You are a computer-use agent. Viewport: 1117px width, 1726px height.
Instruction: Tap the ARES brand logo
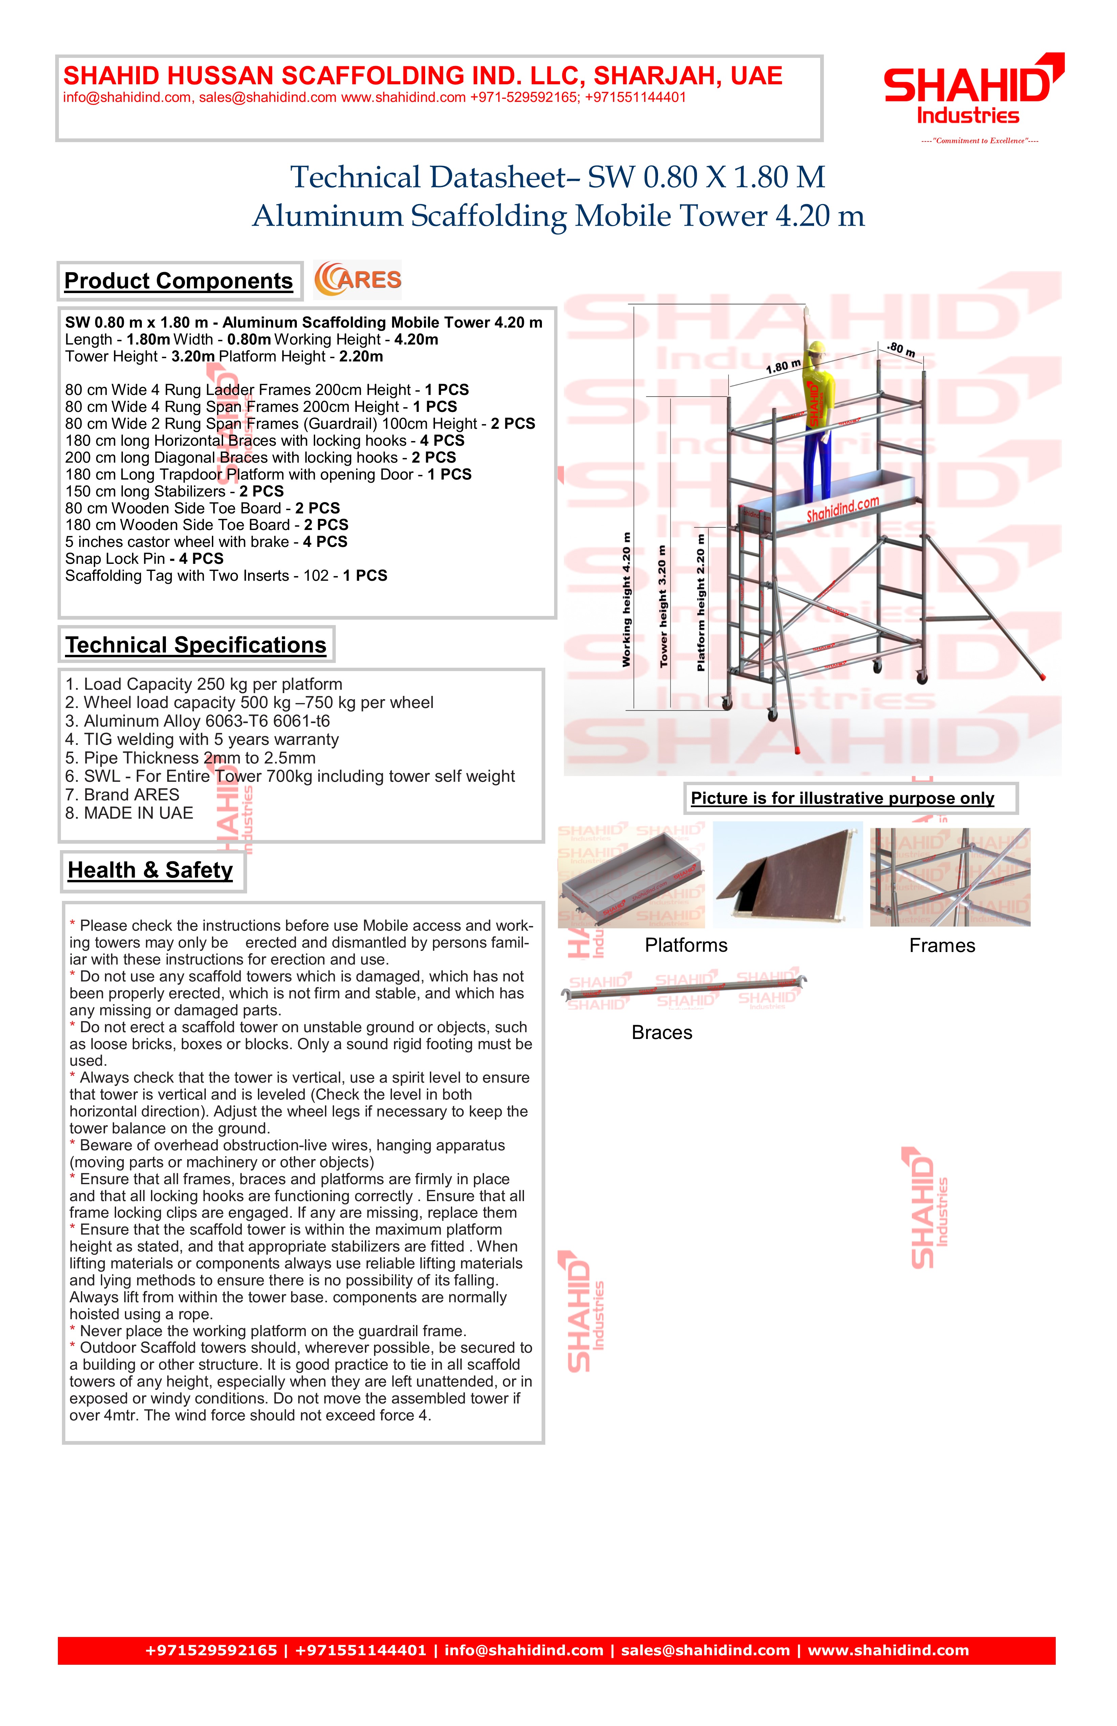point(357,280)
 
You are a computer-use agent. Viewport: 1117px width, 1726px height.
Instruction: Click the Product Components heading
point(178,281)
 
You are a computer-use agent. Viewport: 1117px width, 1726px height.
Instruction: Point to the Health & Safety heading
point(150,870)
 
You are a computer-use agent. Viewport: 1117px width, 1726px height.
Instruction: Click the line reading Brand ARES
point(122,795)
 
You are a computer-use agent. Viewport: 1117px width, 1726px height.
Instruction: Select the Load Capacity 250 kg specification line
point(204,685)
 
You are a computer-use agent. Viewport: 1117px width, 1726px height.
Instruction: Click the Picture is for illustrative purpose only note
point(842,798)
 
